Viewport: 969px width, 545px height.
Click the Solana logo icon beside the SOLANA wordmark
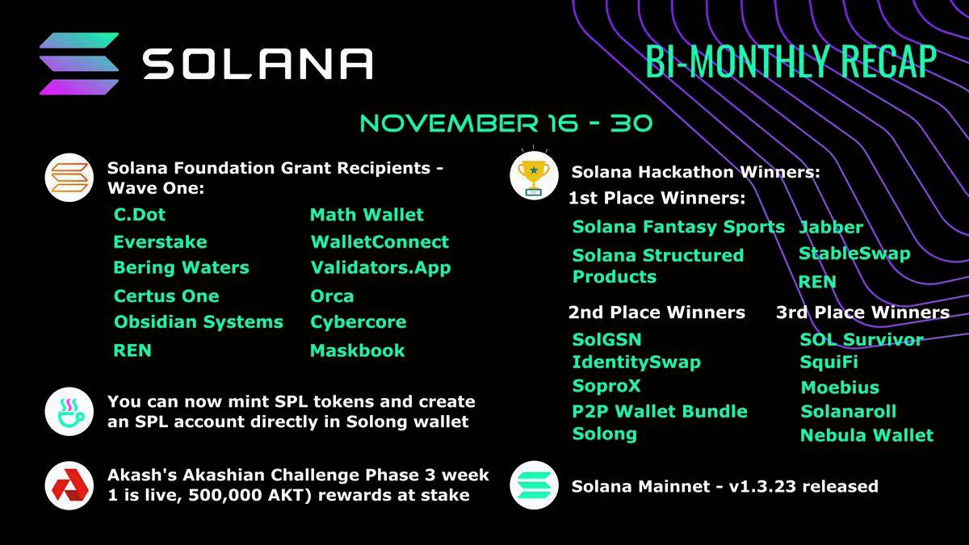79,64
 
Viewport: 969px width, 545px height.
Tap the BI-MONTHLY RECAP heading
791,62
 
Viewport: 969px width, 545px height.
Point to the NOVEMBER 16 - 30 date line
505,124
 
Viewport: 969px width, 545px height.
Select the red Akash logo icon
69,485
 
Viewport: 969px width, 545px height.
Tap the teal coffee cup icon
69,412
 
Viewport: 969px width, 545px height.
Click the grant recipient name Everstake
160,242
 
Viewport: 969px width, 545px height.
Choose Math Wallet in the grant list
367,215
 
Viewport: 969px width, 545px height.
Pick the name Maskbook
358,350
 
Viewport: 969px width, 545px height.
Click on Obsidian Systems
199,322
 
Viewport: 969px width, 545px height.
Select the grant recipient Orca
332,296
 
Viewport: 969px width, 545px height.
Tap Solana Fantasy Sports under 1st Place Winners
678,227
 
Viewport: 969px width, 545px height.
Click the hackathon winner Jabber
831,228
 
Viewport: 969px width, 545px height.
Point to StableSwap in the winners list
854,254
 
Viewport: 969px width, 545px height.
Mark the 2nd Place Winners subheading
656,312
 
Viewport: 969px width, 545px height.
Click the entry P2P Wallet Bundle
660,411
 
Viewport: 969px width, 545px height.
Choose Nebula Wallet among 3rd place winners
866,436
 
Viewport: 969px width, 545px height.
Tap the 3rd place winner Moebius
840,388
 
